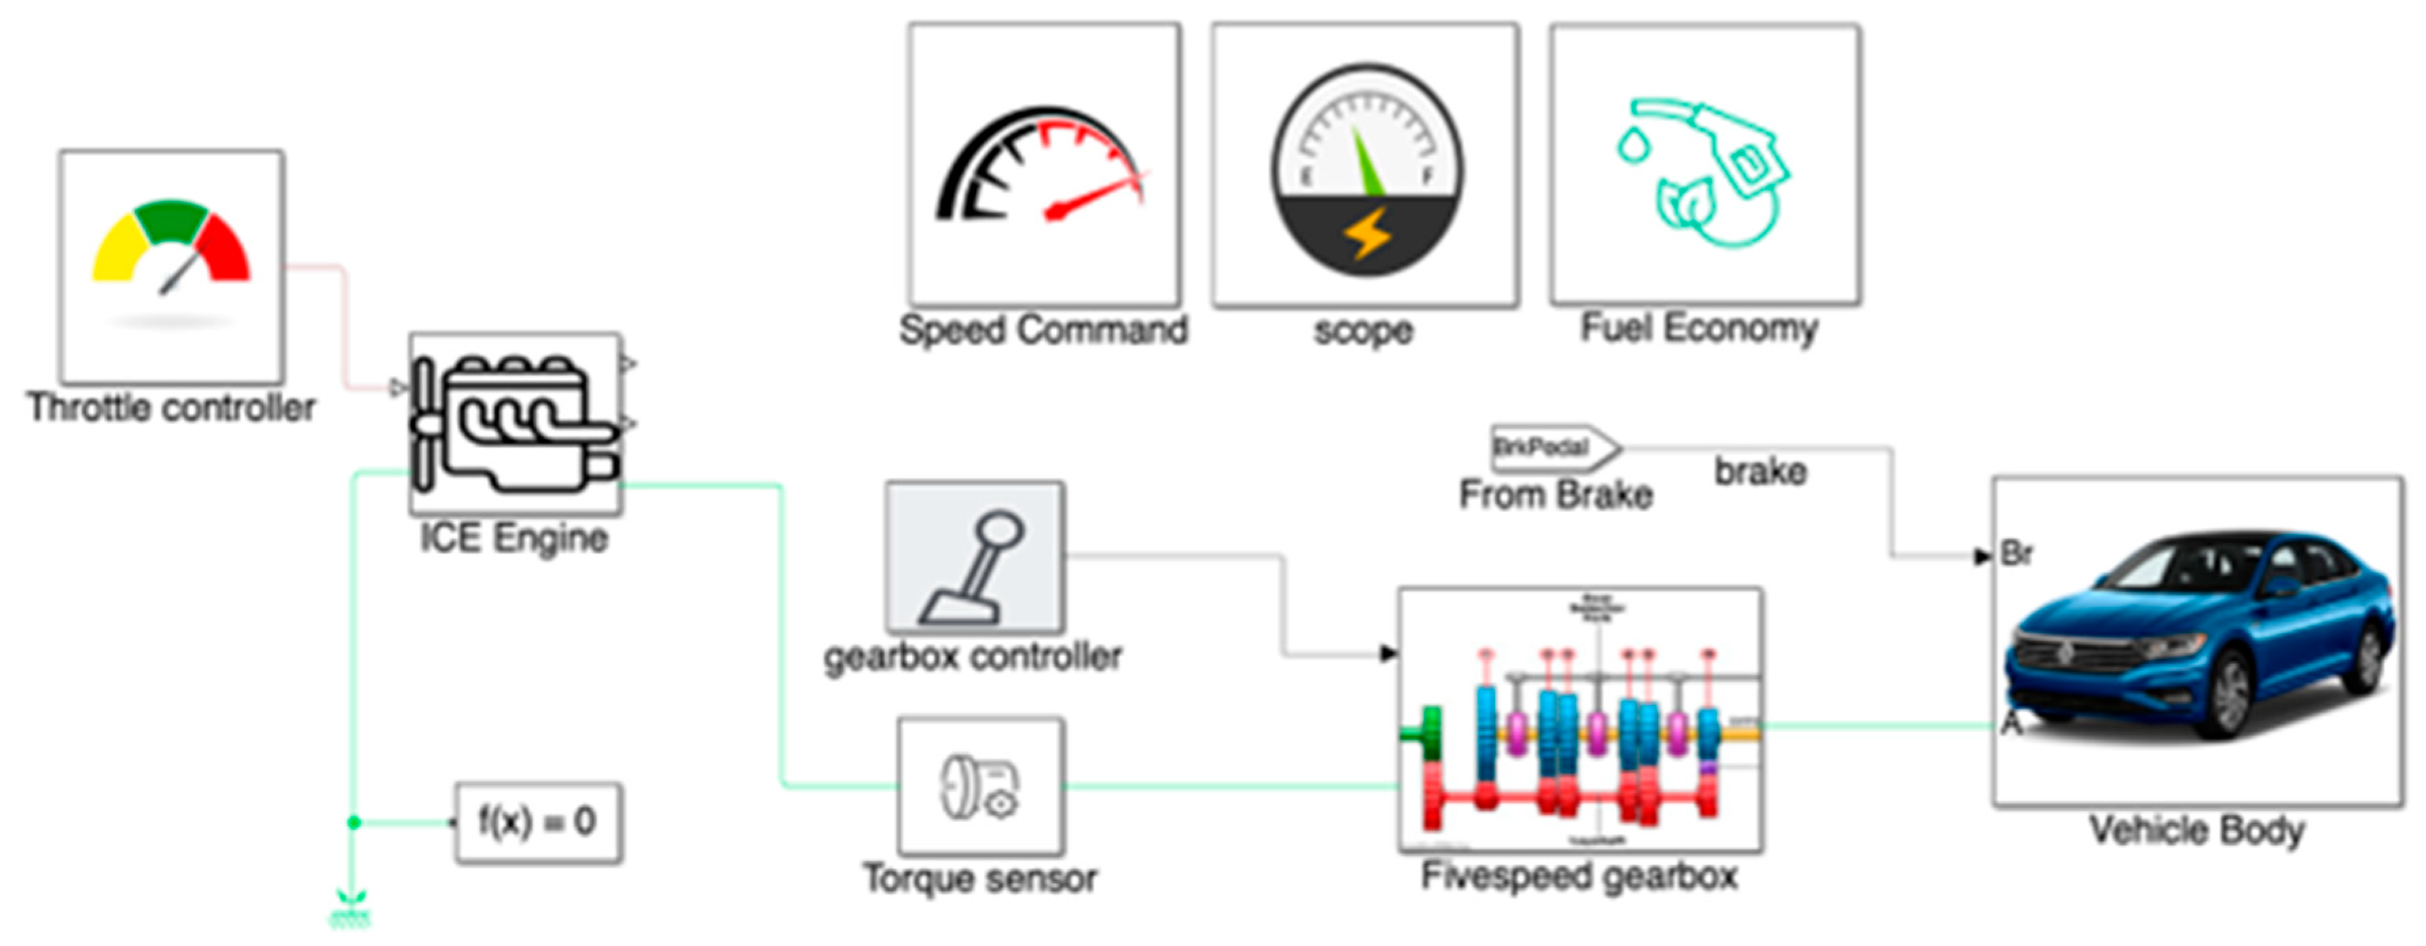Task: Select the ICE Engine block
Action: tap(515, 424)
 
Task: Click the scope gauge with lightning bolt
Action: tap(1366, 169)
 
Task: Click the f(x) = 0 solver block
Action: tap(538, 822)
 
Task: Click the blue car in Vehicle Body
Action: tap(2199, 640)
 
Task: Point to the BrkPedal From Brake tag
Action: tap(1554, 447)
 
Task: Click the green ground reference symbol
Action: tap(350, 911)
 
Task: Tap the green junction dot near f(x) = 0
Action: tap(354, 822)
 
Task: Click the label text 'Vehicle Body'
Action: tap(2197, 831)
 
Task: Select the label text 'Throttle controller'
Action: tap(171, 407)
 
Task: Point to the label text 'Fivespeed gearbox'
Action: tap(1579, 876)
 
